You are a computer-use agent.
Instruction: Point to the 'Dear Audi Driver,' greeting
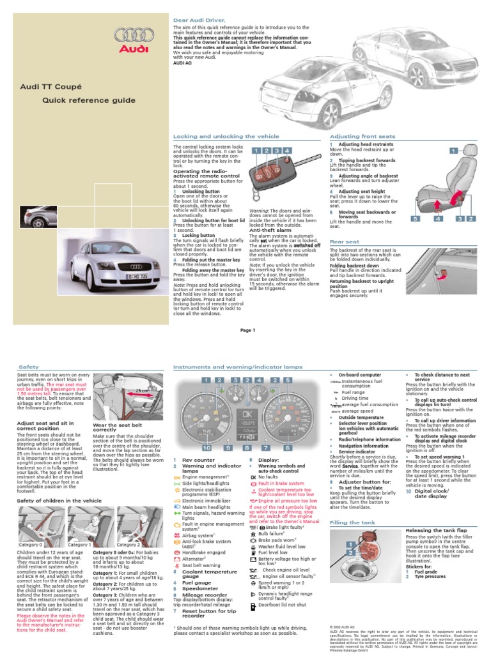pos(194,20)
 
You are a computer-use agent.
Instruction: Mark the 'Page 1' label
pos(247,330)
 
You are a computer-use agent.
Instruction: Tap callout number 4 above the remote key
pos(288,151)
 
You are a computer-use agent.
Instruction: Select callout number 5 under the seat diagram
pos(415,218)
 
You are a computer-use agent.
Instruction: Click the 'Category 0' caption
pos(31,545)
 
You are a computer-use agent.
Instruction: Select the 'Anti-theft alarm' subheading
pos(271,231)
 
